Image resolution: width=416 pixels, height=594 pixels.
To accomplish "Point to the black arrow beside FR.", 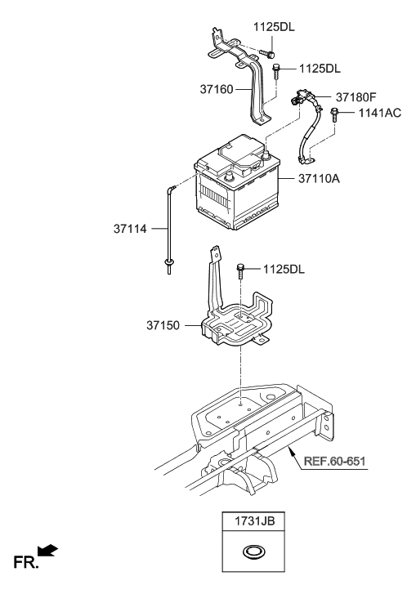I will tap(47, 555).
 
